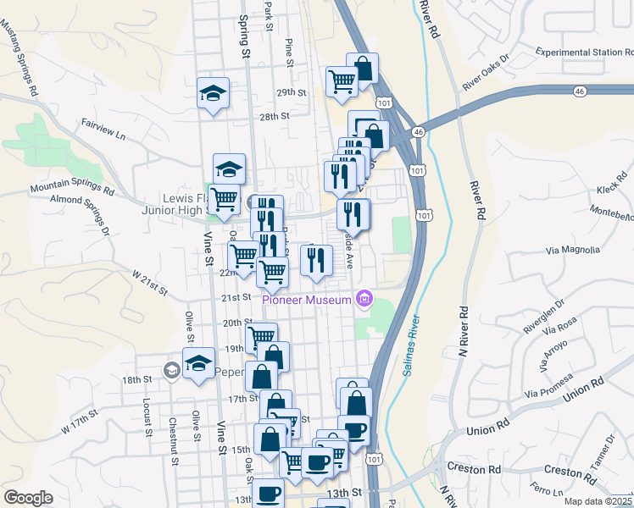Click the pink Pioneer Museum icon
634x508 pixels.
point(364,298)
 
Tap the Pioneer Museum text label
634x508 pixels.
point(306,300)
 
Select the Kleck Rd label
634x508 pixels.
point(609,189)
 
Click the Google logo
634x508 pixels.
point(28,498)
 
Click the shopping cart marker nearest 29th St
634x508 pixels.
point(342,82)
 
